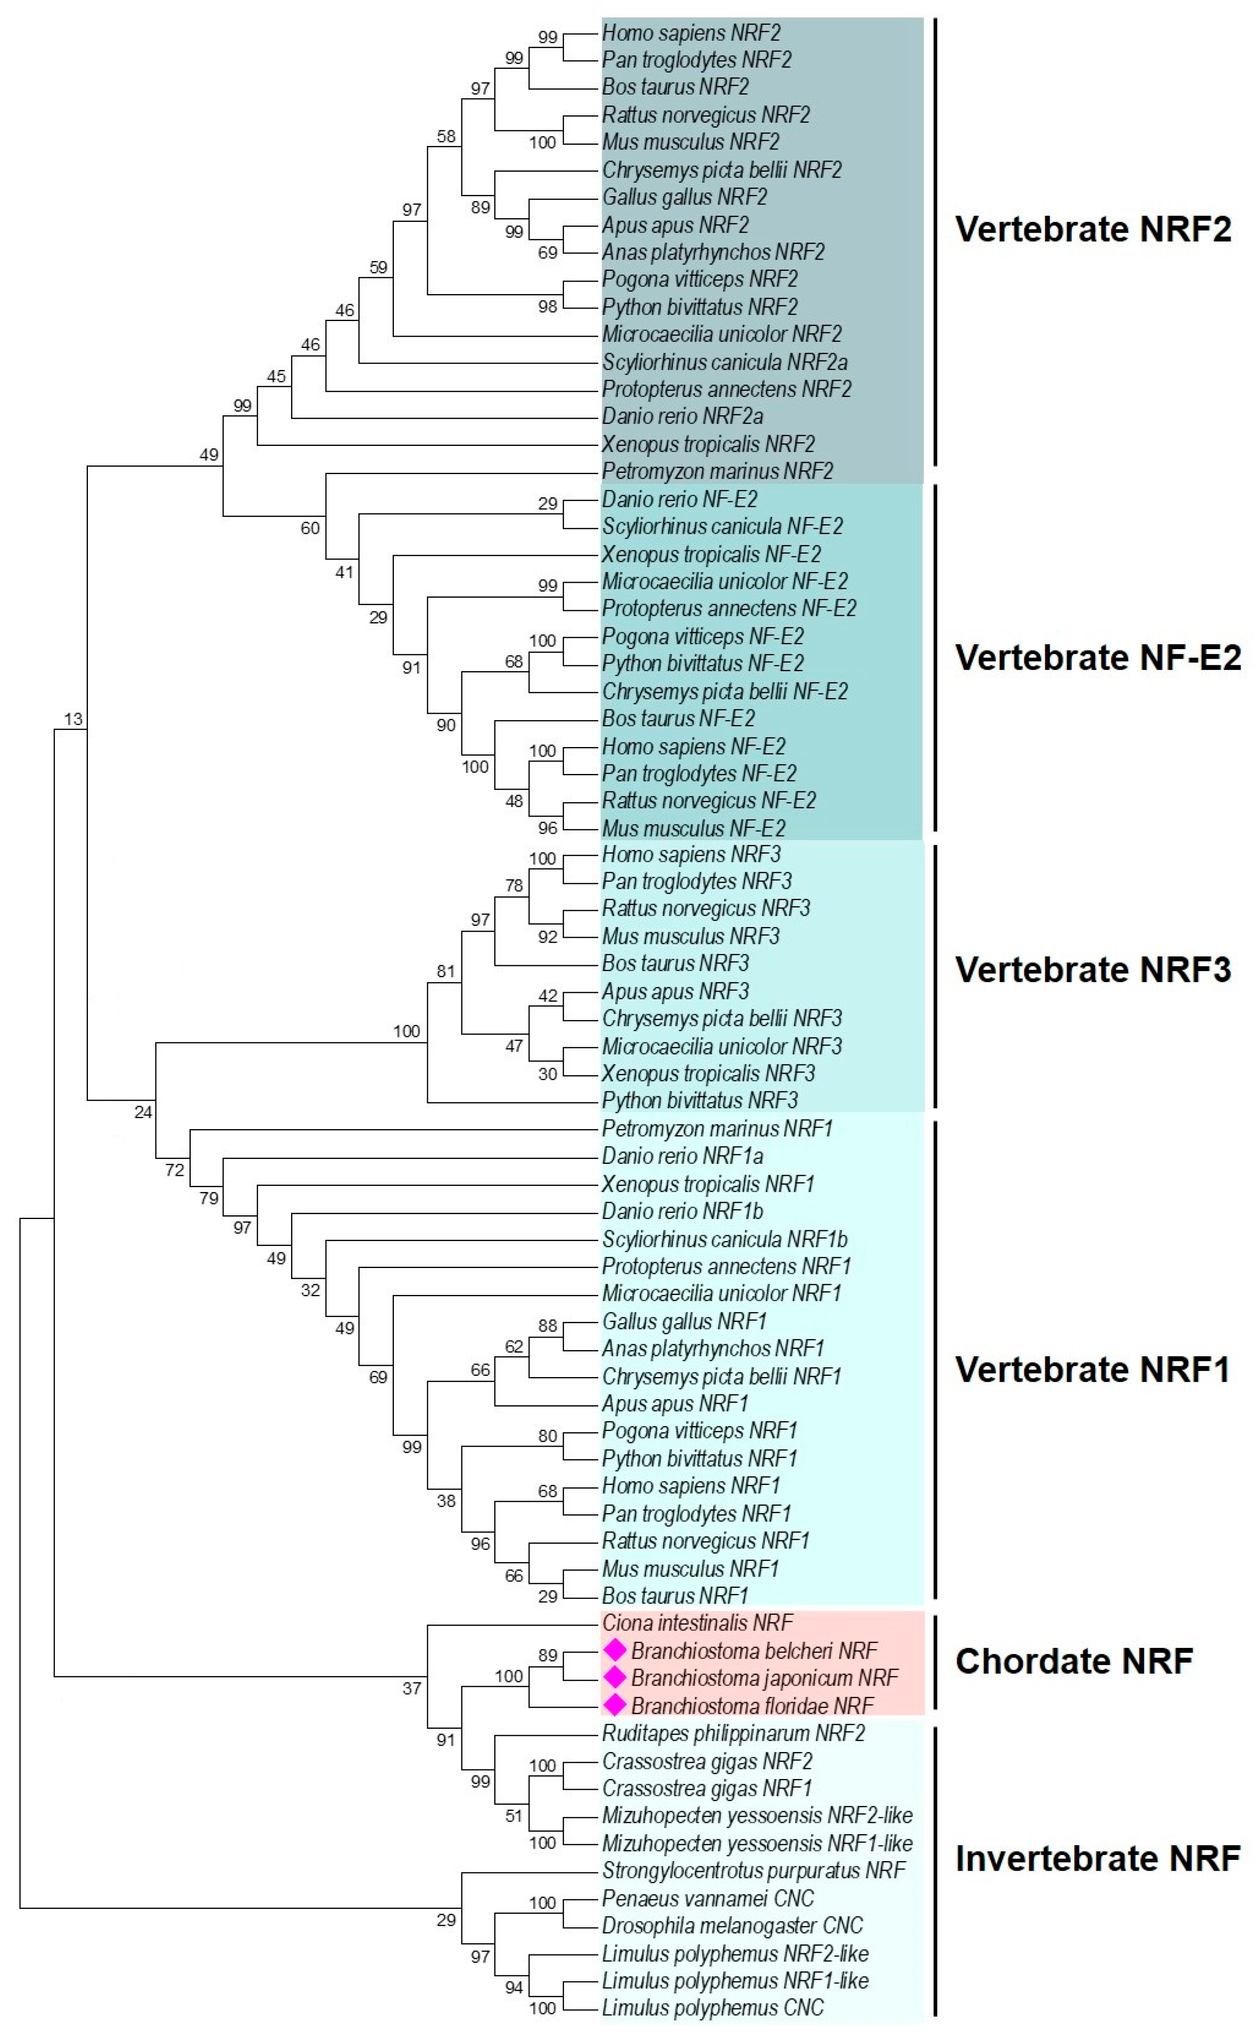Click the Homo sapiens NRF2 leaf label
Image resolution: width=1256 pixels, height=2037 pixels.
pyautogui.click(x=691, y=33)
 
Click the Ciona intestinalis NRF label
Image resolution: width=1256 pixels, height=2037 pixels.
pyautogui.click(x=697, y=1623)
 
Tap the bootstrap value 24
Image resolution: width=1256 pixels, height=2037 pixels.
pyautogui.click(x=143, y=1112)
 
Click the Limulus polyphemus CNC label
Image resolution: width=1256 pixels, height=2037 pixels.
pyautogui.click(x=713, y=2008)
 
